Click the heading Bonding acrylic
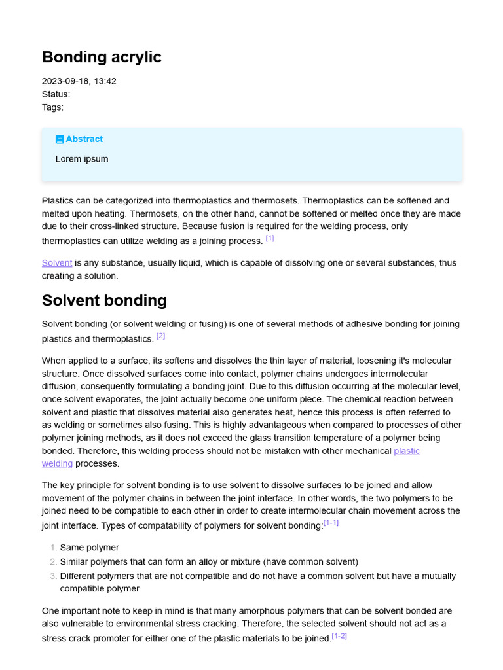coord(102,58)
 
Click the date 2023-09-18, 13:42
coord(79,81)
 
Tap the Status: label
coord(56,94)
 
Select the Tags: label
coord(52,107)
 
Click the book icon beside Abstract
coord(60,139)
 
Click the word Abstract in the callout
coord(84,139)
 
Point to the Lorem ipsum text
coord(82,159)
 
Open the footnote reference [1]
coord(270,239)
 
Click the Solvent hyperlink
coord(57,263)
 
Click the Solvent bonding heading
coord(104,300)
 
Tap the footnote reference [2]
coord(160,336)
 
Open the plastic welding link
coord(406,451)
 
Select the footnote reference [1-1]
coord(331,523)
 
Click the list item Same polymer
coord(89,548)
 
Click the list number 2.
coord(53,562)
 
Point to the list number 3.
coord(53,576)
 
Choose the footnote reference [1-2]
coord(339,636)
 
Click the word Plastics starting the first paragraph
coord(57,201)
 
